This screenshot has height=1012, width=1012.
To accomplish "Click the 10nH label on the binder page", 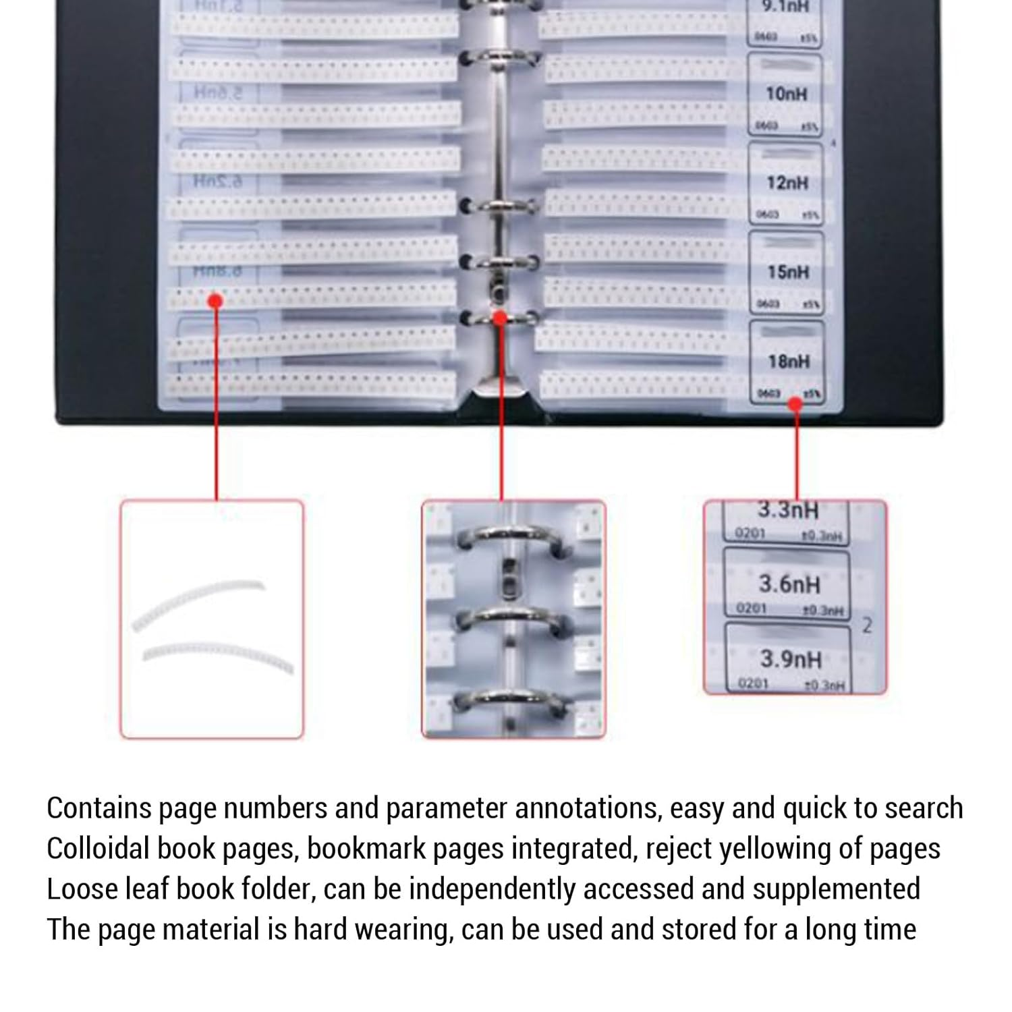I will pyautogui.click(x=786, y=94).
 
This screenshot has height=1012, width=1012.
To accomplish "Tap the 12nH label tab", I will pyautogui.click(x=787, y=183).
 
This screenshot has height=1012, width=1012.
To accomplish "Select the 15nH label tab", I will pyautogui.click(x=787, y=272).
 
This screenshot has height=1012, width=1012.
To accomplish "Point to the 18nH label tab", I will pyautogui.click(x=788, y=362).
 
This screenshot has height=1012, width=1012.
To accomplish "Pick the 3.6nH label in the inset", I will pyautogui.click(x=789, y=584).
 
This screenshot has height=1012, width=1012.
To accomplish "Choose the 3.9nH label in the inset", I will pyautogui.click(x=790, y=658).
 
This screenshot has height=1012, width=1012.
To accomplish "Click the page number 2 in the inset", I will pyautogui.click(x=868, y=625).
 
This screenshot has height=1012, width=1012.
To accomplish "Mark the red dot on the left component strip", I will pyautogui.click(x=215, y=301).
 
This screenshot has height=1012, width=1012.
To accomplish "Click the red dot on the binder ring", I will pyautogui.click(x=500, y=317).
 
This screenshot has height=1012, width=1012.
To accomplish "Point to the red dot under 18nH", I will pyautogui.click(x=795, y=404).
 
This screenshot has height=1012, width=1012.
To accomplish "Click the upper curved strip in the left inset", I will pyautogui.click(x=198, y=600).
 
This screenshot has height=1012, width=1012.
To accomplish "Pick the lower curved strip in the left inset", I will pyautogui.click(x=217, y=654).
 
